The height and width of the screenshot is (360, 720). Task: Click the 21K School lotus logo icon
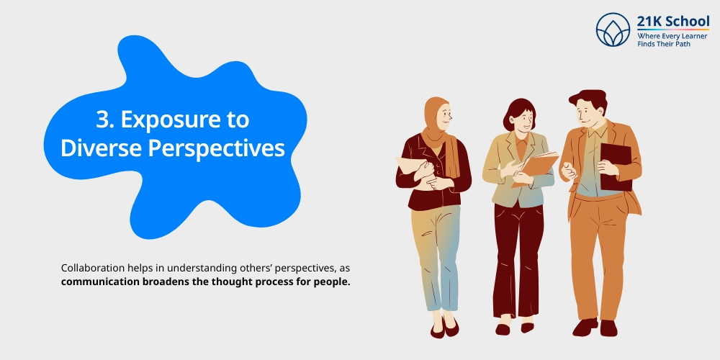point(613,30)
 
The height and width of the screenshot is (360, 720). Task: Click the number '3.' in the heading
point(106,120)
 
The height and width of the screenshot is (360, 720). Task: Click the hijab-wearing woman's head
point(437,115)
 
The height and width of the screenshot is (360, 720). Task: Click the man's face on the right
point(588,114)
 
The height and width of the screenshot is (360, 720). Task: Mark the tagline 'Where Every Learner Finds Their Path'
point(672,40)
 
